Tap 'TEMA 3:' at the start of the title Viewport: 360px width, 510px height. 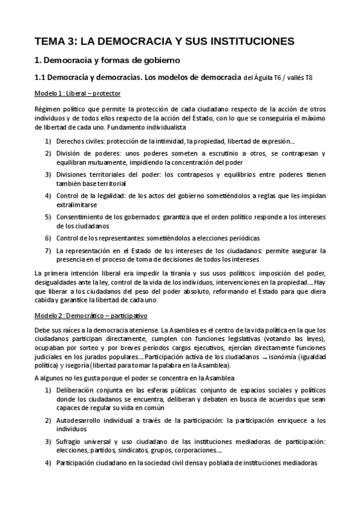(x=56, y=41)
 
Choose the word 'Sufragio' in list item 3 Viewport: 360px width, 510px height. (x=70, y=442)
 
